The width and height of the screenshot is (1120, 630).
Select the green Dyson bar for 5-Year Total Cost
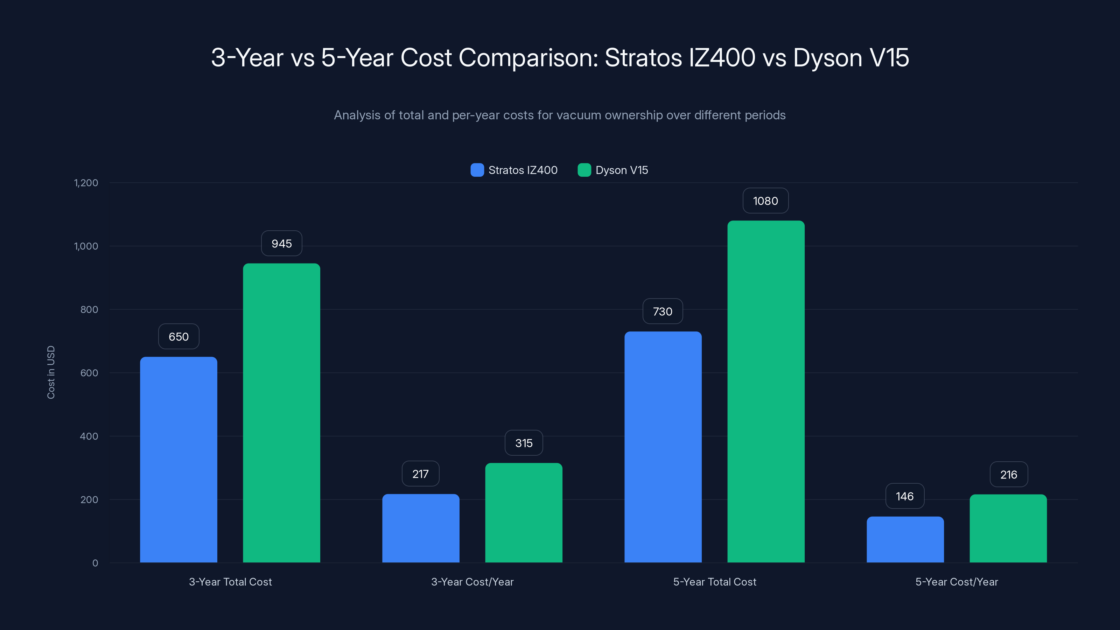click(x=766, y=391)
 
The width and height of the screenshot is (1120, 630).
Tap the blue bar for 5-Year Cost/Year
click(x=905, y=540)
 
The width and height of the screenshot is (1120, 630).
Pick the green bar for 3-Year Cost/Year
click(x=524, y=513)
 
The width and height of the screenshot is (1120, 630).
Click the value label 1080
click(x=765, y=201)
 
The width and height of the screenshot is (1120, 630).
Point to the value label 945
click(x=281, y=244)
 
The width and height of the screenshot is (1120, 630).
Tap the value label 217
click(x=420, y=474)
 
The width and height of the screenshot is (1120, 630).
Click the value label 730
click(x=662, y=311)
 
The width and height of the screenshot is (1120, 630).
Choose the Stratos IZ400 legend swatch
click(x=477, y=170)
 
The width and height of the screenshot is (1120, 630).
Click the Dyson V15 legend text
click(x=621, y=170)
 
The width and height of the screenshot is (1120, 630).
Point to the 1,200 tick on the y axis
click(x=86, y=183)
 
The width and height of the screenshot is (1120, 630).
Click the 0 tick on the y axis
click(x=95, y=563)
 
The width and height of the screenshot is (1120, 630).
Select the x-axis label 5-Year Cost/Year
click(x=957, y=582)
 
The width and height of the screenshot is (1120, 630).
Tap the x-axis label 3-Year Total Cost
click(x=230, y=582)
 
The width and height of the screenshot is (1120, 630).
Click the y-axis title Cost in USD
click(x=51, y=372)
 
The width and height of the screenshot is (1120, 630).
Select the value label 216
click(x=1008, y=474)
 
